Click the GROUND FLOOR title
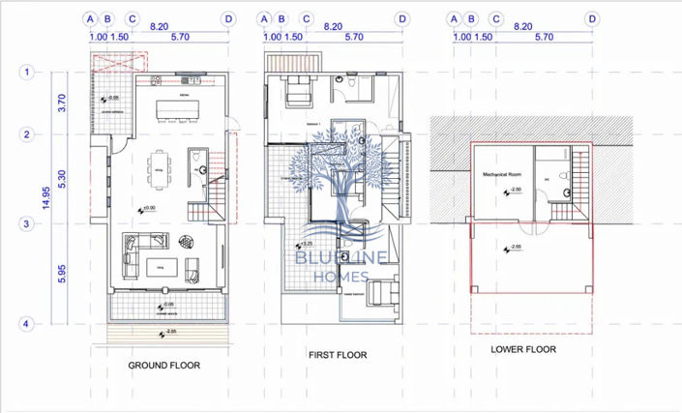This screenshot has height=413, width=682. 163,366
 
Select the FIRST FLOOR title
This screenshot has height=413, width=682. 338,356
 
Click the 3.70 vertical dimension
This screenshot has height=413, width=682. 61,103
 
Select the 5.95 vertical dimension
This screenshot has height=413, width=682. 61,274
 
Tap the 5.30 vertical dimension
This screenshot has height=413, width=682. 61,179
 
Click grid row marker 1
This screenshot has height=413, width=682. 28,72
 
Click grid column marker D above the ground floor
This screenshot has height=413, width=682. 228,18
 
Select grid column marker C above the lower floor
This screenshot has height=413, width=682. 496,18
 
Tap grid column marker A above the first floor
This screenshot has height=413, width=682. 264,18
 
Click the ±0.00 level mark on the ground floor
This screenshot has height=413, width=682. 148,208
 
